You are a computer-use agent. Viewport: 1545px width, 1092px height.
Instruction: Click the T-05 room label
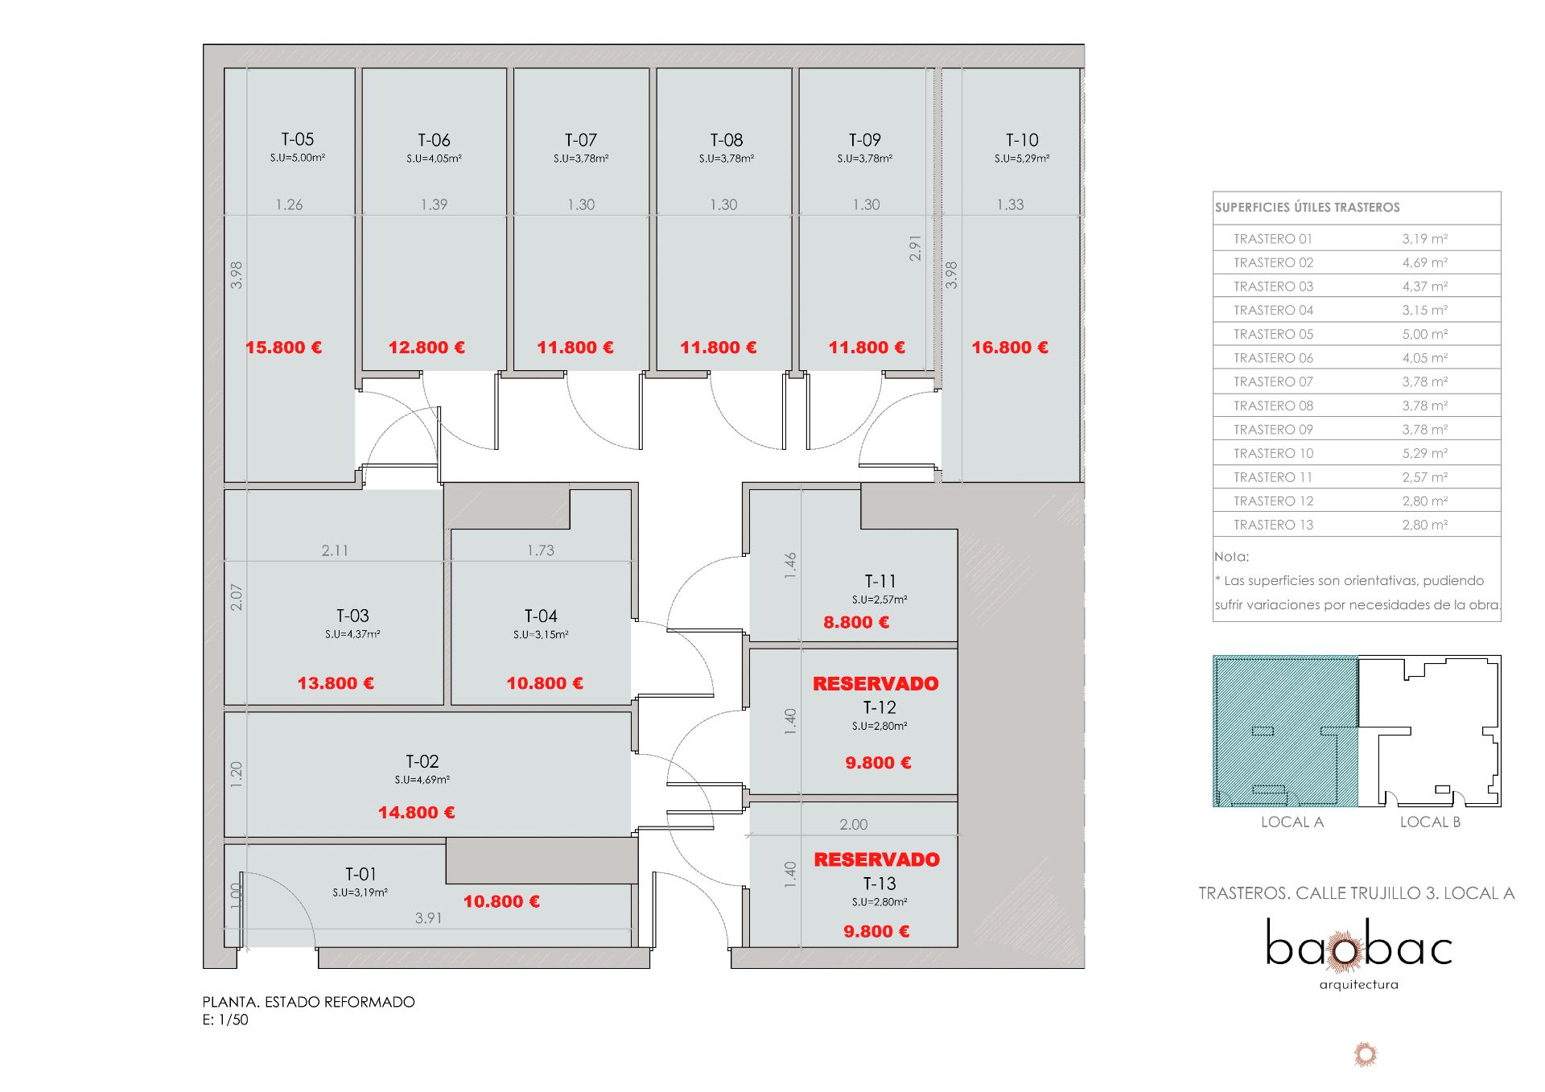tap(298, 139)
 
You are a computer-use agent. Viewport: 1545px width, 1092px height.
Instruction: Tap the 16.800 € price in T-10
tap(1010, 348)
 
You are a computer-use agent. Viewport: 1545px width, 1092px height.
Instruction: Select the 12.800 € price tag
tap(426, 348)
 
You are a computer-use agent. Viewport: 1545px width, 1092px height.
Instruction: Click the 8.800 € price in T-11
tap(856, 622)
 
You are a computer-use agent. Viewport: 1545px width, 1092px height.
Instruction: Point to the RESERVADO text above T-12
tap(875, 684)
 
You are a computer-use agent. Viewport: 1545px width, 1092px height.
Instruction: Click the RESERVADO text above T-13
tap(876, 859)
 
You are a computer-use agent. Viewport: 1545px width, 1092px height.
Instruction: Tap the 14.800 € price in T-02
tap(417, 813)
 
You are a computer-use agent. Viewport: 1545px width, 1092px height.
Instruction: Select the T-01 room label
tap(360, 874)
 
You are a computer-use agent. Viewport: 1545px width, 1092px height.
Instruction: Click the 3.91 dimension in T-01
tap(428, 918)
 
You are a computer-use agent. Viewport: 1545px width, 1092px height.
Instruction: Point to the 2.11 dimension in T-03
tap(335, 550)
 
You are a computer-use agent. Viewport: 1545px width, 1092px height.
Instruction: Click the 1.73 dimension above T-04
tap(541, 550)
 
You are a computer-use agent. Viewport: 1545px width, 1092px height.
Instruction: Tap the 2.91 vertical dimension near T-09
tap(915, 248)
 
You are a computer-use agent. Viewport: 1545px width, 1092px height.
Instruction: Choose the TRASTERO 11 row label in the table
tap(1273, 477)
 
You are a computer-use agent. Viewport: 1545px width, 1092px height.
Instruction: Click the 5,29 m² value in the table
tap(1425, 453)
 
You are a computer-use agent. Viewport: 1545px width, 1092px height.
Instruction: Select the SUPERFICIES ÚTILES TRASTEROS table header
tap(1308, 208)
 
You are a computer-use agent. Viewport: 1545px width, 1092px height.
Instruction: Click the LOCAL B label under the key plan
tap(1430, 822)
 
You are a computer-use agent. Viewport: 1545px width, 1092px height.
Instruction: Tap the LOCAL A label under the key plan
tap(1292, 822)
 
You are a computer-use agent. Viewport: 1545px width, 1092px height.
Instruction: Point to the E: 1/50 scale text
tap(225, 1020)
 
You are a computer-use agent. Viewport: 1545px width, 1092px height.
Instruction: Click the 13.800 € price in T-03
tap(336, 683)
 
